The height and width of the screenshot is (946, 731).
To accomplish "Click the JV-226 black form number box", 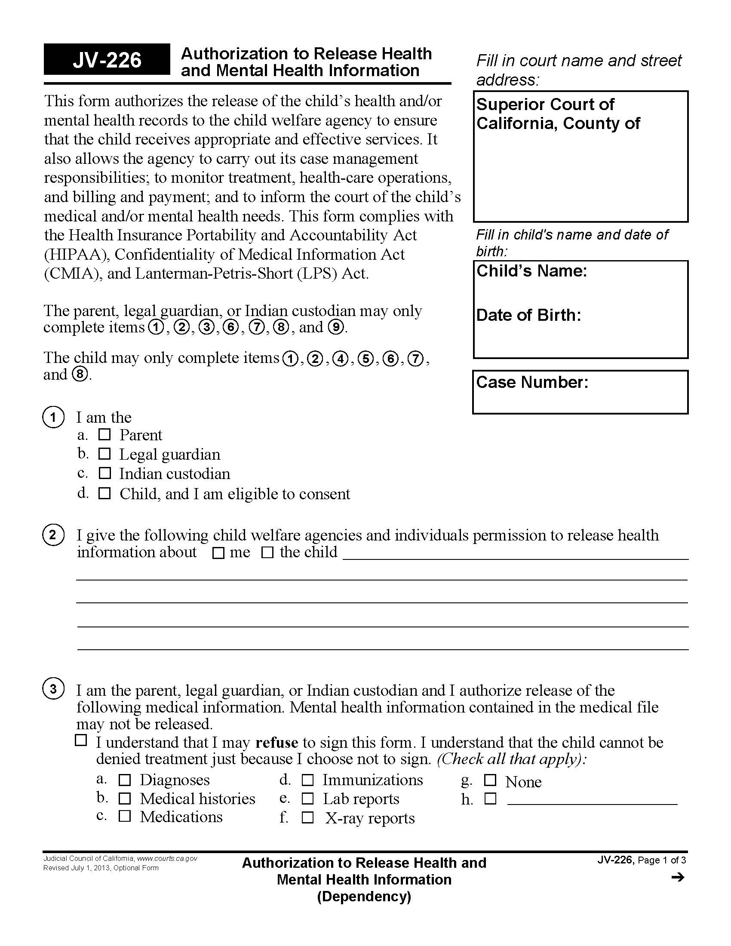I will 107,60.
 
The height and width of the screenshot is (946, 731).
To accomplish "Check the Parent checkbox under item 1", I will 104,434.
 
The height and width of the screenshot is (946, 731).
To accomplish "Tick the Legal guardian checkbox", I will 104,454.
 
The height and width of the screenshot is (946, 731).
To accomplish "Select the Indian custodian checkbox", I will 104,473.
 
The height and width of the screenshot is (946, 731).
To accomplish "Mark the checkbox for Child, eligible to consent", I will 104,493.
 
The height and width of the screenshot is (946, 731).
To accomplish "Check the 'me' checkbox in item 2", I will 219,553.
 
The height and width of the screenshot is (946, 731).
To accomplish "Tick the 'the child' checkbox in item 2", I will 267,553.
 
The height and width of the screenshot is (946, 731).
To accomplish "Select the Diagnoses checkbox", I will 125,780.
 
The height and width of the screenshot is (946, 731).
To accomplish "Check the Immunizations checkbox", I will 307,780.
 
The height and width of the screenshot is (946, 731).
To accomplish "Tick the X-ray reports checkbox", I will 307,818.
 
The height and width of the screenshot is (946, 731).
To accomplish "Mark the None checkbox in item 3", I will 490,780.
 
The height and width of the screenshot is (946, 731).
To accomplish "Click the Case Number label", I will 532,382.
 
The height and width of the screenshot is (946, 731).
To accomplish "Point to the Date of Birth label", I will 528,315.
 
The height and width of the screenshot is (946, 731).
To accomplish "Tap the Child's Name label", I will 532,271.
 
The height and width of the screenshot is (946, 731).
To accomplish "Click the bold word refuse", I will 277,743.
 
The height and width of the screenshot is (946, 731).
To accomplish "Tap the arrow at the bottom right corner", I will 678,878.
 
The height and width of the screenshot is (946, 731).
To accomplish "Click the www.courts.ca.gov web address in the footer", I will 167,859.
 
